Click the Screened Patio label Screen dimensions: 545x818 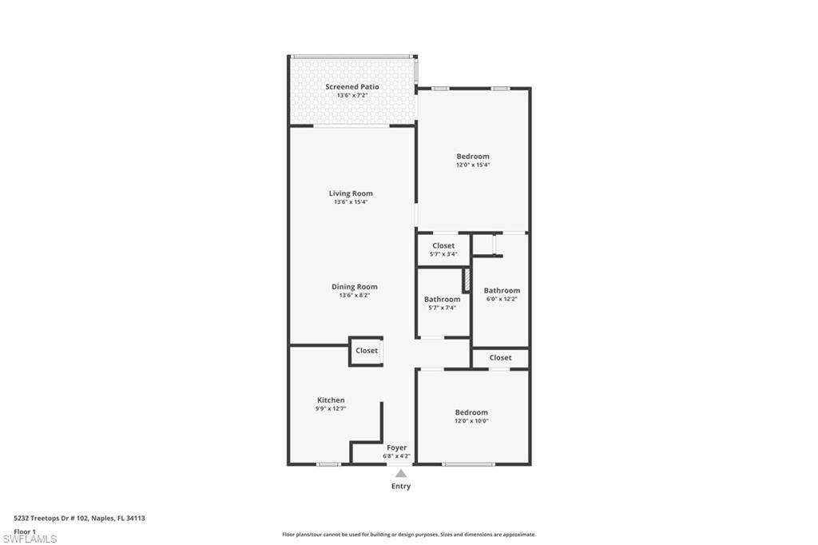click(351, 86)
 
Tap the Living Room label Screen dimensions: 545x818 click(351, 193)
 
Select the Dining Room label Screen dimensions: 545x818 click(354, 287)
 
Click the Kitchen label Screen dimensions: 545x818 click(331, 400)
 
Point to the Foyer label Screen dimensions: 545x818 click(397, 448)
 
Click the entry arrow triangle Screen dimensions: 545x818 click(401, 474)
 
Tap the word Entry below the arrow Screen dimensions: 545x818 click(401, 487)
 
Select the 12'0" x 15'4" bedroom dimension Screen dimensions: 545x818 click(473, 165)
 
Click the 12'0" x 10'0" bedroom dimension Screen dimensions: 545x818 click(471, 421)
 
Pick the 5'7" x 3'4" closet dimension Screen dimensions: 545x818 click(443, 254)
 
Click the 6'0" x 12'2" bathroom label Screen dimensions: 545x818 click(502, 291)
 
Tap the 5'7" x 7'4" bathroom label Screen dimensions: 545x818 click(442, 300)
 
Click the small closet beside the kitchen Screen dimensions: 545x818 click(367, 351)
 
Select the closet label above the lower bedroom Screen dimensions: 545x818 click(500, 358)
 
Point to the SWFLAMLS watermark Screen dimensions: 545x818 click(30, 539)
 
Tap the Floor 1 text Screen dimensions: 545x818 click(25, 531)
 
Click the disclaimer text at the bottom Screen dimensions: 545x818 click(408, 535)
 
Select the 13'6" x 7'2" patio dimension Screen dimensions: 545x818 click(351, 95)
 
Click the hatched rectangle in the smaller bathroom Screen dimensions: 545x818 click(466, 280)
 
